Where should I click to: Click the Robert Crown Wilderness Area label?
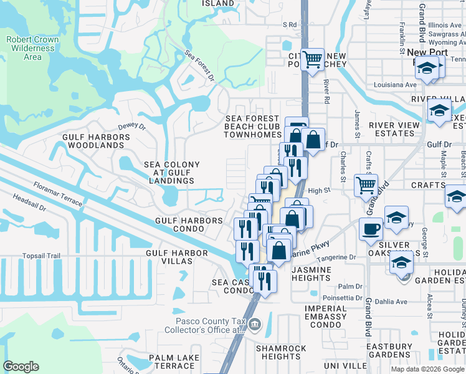(x=32, y=48)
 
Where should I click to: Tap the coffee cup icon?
(x=371, y=228)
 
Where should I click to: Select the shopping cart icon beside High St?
(x=366, y=185)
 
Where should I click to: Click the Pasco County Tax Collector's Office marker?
(x=254, y=324)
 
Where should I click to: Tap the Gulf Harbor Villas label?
(x=169, y=257)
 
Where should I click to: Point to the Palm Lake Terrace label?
(x=174, y=362)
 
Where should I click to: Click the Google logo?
(x=21, y=367)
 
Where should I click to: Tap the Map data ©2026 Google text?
(x=427, y=369)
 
